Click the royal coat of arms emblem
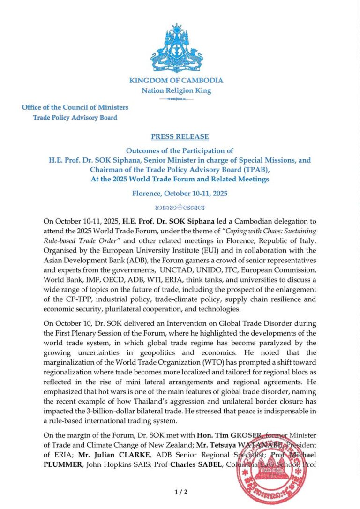tap(176, 49)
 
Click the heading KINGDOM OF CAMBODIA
tap(176, 80)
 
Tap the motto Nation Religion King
tap(176, 90)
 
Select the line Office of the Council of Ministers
tap(75, 107)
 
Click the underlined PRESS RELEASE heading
tap(180, 137)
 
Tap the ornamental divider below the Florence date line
tap(180, 207)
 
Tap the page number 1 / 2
tap(180, 492)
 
